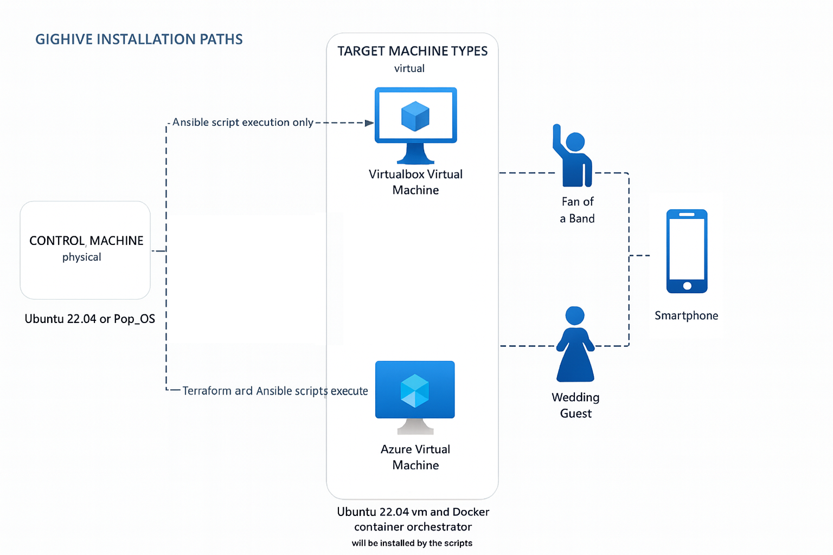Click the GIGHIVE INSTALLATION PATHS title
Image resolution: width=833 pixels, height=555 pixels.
tap(139, 40)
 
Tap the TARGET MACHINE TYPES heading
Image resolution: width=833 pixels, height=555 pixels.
tap(412, 51)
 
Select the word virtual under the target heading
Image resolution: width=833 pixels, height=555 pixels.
tap(409, 69)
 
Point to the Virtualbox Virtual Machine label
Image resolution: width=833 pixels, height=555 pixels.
tap(415, 182)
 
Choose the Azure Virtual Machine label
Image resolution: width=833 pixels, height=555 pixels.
tap(415, 457)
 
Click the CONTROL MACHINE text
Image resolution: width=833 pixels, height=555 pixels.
tap(86, 241)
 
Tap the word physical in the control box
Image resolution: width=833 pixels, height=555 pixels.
tap(82, 257)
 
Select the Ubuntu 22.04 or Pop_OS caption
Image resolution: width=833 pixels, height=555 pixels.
tap(90, 319)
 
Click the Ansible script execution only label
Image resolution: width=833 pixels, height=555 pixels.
tap(242, 122)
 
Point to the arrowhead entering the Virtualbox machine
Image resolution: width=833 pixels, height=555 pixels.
tap(369, 123)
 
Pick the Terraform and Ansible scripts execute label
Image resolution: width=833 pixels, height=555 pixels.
tap(275, 391)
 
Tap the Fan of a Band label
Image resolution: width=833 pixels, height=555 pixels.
tap(577, 210)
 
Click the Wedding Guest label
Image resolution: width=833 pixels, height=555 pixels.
tap(575, 405)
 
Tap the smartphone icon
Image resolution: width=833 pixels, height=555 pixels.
tap(687, 251)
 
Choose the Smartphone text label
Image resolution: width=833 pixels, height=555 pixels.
tap(686, 315)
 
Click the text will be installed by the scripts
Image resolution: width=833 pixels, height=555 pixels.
tap(412, 543)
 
